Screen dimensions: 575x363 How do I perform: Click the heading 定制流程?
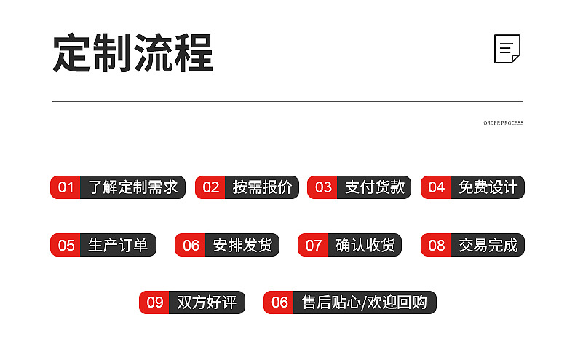point(132,52)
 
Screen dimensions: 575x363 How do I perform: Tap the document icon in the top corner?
point(507,49)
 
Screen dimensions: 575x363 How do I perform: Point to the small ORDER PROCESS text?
point(503,123)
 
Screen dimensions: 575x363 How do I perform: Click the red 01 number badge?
point(66,187)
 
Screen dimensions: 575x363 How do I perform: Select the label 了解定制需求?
point(132,187)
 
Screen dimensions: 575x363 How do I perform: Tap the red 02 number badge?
point(210,187)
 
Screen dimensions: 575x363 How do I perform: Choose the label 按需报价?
point(262,187)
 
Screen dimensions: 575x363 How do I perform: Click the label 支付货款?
point(374,187)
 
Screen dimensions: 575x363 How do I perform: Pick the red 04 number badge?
point(436,187)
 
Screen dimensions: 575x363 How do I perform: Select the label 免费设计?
point(488,187)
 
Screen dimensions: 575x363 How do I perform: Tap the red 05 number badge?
point(66,245)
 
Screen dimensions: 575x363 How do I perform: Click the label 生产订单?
point(118,245)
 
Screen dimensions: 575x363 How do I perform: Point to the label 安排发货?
point(242,245)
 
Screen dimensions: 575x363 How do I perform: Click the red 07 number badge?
point(313,245)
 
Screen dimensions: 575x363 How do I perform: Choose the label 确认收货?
point(365,245)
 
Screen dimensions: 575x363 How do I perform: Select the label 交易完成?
point(488,245)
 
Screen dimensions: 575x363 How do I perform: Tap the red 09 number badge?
point(154,302)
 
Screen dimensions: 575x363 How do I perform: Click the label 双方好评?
point(207,302)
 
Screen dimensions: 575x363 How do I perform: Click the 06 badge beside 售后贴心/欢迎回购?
point(279,302)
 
